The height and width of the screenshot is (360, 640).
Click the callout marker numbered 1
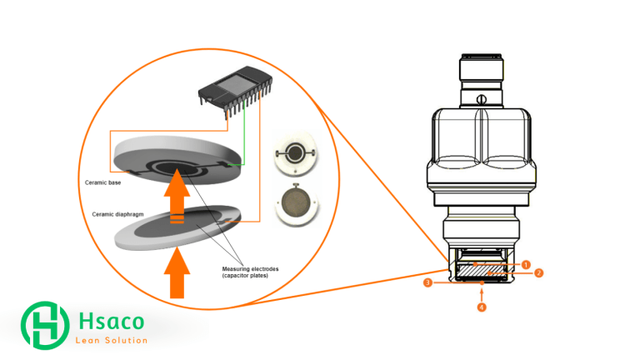pos(526,264)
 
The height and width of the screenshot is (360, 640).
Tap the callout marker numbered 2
pos(539,272)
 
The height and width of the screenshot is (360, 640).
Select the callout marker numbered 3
pos(427,283)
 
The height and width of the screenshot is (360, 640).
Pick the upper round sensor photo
pos(295,155)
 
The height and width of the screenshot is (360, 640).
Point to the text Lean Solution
pos(111,340)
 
